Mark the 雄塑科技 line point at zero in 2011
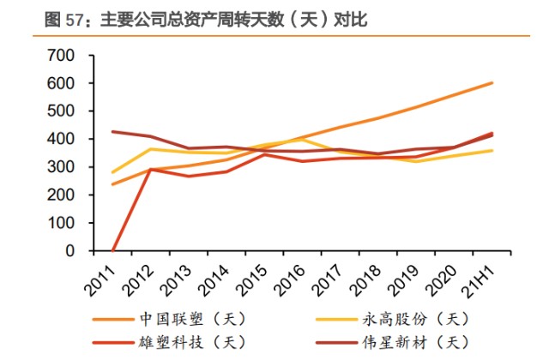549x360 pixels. [x=113, y=251]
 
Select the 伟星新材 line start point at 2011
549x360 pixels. [x=113, y=132]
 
